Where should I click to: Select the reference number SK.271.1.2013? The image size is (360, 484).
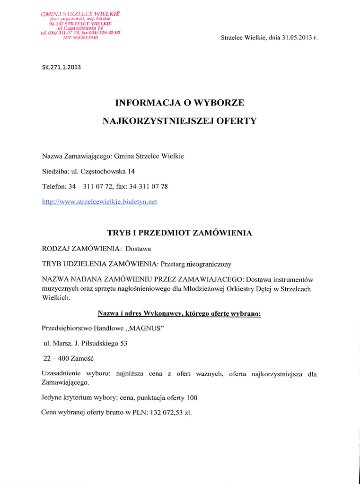[x=61, y=67]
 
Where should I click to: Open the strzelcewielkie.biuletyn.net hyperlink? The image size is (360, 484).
[x=99, y=202]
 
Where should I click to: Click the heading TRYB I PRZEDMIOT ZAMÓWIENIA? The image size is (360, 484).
[x=179, y=233]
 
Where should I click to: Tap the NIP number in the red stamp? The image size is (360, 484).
[x=80, y=37]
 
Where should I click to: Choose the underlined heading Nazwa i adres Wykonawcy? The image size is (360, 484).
[x=179, y=313]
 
